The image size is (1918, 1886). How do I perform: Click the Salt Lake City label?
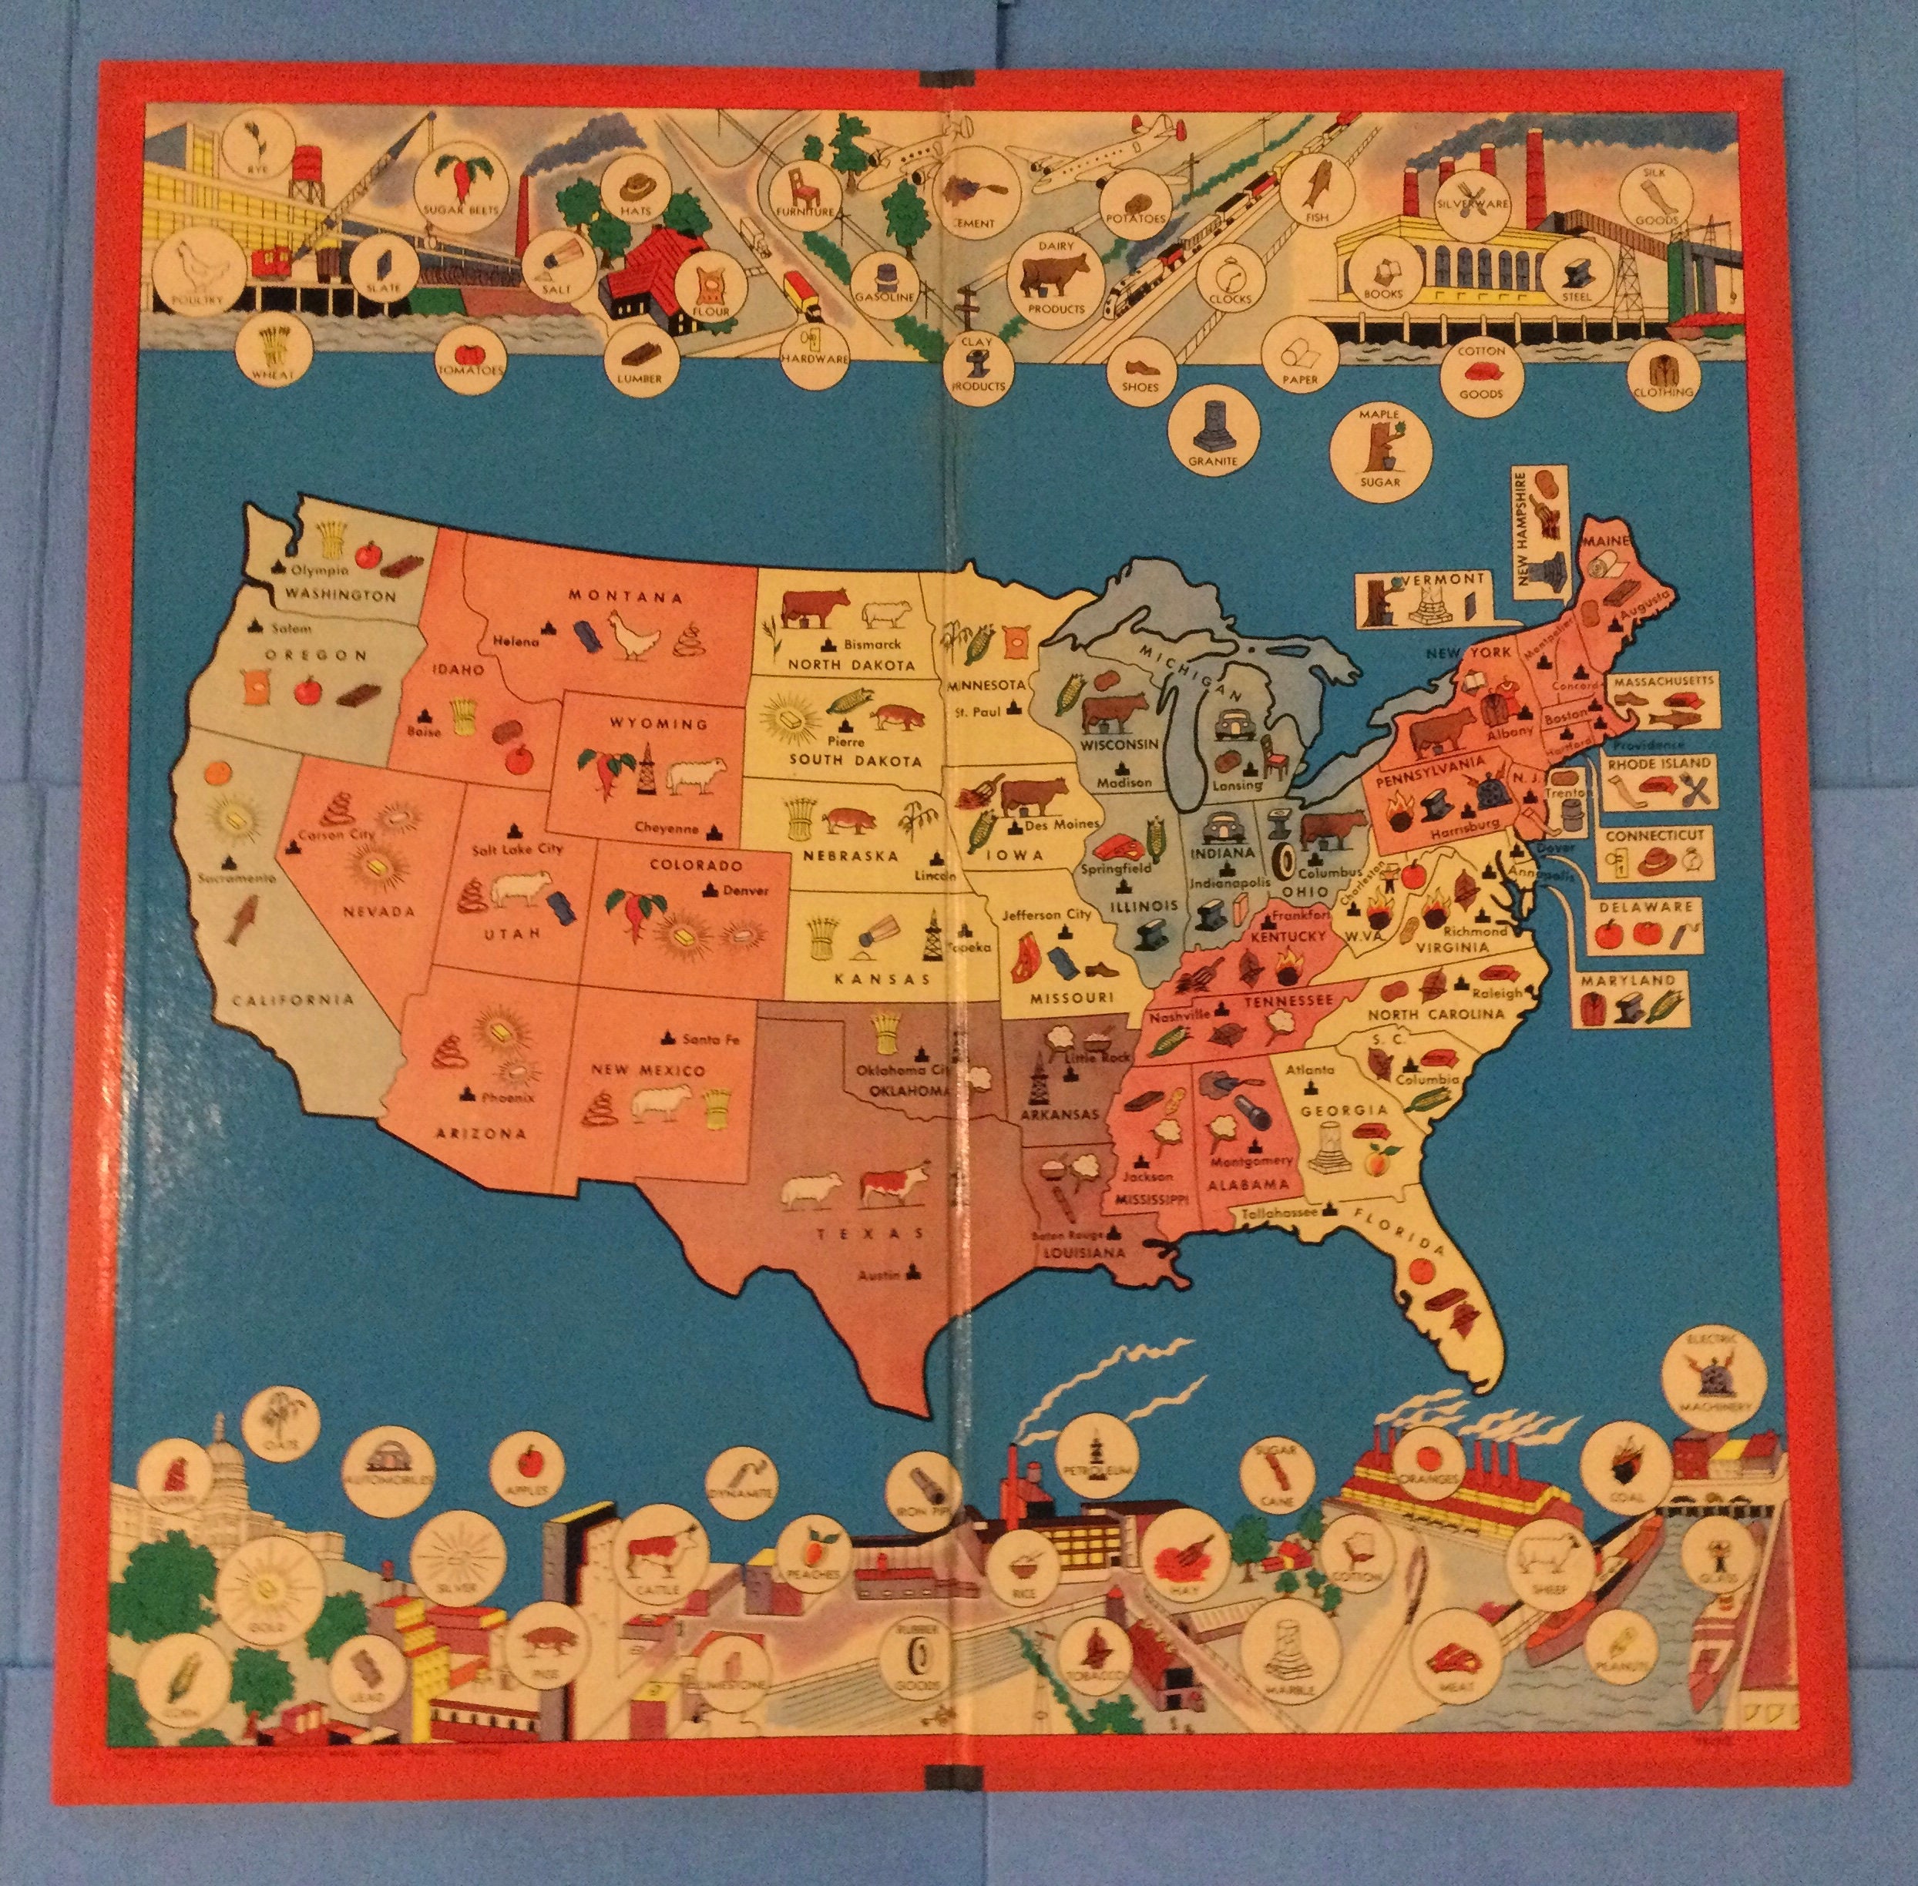click(516, 848)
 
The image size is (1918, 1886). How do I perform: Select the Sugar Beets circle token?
click(460, 194)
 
